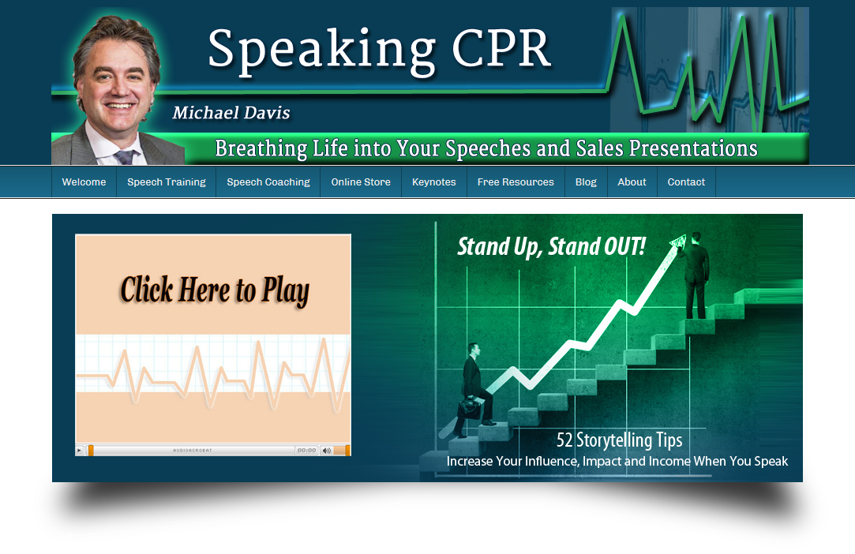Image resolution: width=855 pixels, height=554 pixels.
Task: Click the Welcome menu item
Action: coord(84,182)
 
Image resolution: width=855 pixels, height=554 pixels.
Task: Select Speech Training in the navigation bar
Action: coord(166,182)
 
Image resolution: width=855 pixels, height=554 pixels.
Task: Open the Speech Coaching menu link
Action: coord(268,182)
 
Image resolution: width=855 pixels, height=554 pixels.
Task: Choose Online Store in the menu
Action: coord(361,182)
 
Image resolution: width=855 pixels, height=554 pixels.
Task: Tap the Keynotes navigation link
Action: coord(434,182)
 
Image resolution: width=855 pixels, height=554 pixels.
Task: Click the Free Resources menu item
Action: coord(516,182)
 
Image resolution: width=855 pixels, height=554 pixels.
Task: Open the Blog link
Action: coord(586,182)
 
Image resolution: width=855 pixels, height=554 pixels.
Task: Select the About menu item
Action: coord(632,182)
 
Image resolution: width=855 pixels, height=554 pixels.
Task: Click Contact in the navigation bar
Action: coord(686,182)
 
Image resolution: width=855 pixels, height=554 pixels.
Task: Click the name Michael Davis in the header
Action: coord(231,113)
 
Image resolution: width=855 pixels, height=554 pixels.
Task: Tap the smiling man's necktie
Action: coord(124,157)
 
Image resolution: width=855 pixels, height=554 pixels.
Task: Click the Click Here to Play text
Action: coord(214,290)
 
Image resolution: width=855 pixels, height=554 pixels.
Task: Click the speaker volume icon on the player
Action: coord(326,451)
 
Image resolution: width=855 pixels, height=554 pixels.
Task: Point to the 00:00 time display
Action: coord(306,451)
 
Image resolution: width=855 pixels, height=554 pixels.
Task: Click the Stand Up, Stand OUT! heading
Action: coord(551,246)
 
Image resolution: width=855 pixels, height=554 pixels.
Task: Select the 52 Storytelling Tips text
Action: coord(619,440)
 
